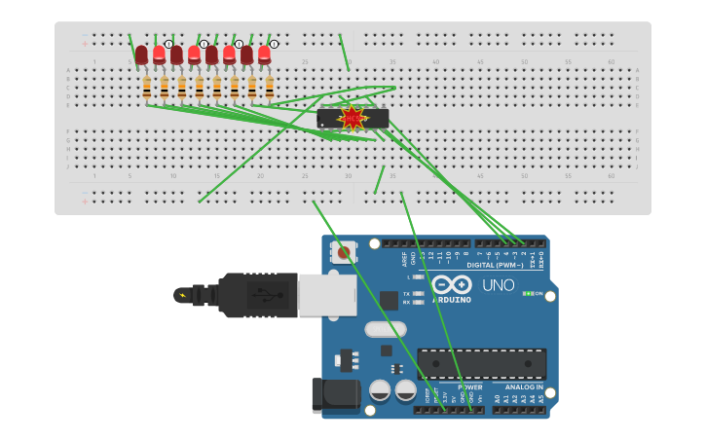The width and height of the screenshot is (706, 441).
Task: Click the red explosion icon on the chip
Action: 353,119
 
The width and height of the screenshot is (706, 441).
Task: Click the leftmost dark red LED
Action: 141,55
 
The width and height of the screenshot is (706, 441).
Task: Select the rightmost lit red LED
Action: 264,55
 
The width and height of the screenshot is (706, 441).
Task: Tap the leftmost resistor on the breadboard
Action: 147,88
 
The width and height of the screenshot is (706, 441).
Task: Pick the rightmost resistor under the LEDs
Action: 269,88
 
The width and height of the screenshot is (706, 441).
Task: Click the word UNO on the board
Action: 498,285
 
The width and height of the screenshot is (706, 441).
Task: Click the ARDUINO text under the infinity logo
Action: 452,300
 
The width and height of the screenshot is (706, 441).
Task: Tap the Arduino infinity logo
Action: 452,284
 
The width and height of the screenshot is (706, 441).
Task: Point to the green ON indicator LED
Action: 527,293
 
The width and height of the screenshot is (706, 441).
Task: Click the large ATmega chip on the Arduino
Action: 481,364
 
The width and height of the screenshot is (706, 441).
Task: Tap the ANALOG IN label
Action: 524,387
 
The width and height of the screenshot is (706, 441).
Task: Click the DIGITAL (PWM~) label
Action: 495,265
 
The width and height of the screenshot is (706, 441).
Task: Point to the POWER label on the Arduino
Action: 469,387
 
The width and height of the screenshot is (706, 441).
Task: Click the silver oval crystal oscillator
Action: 386,329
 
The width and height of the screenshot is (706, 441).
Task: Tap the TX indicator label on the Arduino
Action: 406,292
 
